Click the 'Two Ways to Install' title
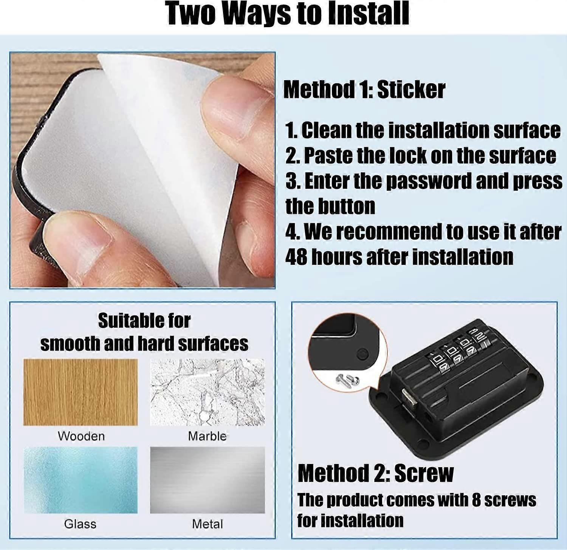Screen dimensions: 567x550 [x=288, y=14]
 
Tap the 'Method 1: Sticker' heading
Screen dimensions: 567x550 [x=364, y=90]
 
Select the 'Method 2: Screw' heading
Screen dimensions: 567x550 [x=375, y=473]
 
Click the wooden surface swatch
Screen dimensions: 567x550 [x=81, y=392]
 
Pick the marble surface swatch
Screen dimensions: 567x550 [x=208, y=392]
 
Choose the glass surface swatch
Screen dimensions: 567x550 [x=81, y=480]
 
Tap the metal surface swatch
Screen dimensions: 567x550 [x=208, y=480]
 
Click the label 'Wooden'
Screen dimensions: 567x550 [x=81, y=436]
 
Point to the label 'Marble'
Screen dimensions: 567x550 [x=207, y=436]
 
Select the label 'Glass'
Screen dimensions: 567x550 [x=80, y=524]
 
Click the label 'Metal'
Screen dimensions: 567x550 [x=207, y=524]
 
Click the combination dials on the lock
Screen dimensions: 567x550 [x=456, y=349]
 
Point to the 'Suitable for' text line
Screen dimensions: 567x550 [x=144, y=321]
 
